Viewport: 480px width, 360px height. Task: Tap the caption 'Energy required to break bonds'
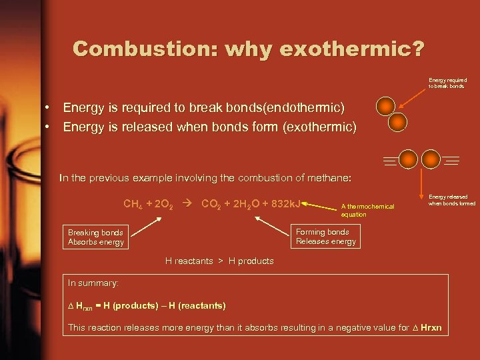tap(447, 83)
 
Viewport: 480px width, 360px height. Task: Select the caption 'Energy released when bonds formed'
tap(451, 200)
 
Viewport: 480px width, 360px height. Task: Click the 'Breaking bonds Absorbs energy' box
tap(96, 237)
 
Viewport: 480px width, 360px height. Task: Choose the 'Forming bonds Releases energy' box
tap(326, 237)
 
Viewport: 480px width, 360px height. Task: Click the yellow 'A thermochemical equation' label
tap(367, 211)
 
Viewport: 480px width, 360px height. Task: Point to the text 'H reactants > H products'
tap(219, 261)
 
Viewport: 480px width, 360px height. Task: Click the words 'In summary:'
tap(93, 283)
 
